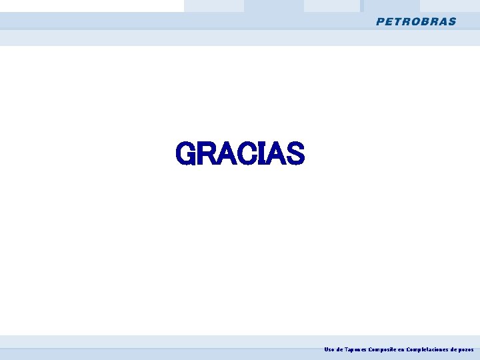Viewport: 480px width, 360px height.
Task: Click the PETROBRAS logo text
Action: click(416, 21)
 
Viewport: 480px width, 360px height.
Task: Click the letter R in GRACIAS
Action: click(206, 154)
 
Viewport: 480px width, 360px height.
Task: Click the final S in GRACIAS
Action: click(294, 154)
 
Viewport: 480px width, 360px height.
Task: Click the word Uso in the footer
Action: click(329, 349)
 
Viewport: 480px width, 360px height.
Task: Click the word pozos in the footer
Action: click(466, 349)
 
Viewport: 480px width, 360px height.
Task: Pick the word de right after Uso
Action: click(340, 349)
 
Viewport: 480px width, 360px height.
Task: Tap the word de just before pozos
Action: click(454, 349)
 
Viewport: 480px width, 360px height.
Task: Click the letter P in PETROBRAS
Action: click(380, 21)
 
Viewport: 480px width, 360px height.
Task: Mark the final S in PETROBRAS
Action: click(453, 21)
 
